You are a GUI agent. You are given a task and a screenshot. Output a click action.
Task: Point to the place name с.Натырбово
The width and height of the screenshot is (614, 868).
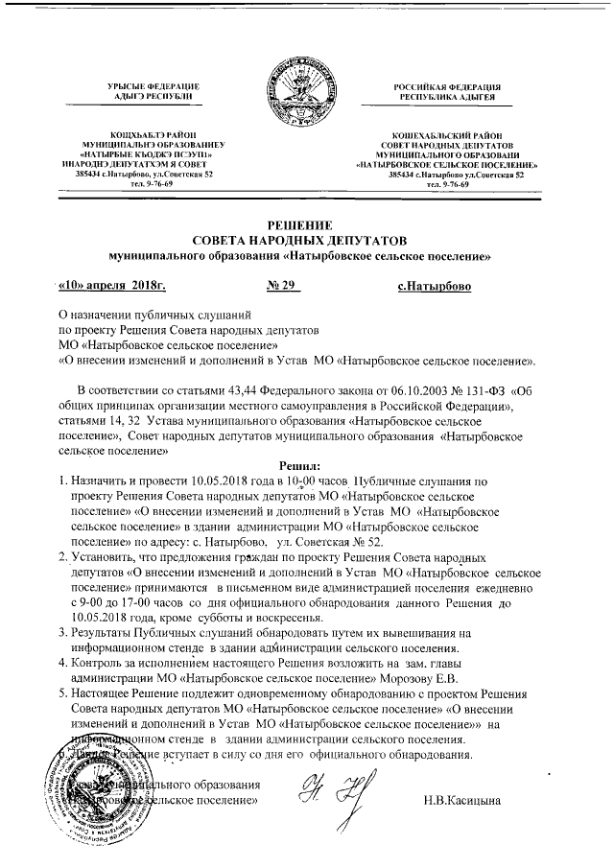point(433,285)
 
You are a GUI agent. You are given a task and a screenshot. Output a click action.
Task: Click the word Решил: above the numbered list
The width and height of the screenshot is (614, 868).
point(305,464)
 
